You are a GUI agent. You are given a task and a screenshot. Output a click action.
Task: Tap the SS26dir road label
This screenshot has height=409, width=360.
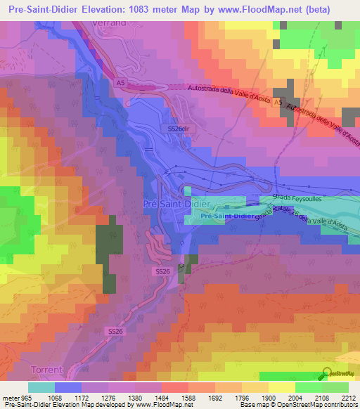(x=179, y=129)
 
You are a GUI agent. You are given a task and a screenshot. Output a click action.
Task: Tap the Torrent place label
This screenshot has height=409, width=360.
(x=46, y=369)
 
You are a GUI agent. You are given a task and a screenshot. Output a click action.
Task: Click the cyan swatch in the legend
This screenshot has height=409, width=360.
(x=41, y=387)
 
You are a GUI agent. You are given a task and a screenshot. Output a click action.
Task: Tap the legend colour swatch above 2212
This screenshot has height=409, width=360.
(x=335, y=387)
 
